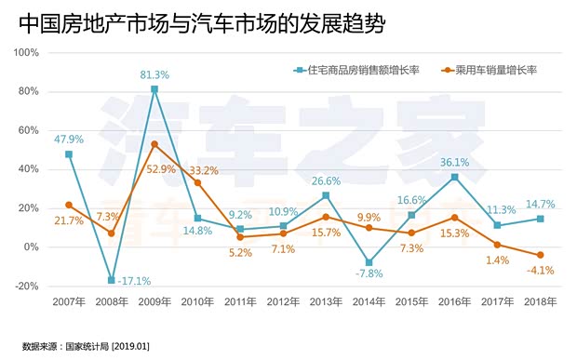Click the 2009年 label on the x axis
154,303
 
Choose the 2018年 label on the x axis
540,303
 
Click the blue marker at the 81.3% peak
154,89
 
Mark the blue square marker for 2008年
112,280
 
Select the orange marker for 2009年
154,144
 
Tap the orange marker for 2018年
540,255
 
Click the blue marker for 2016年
454,177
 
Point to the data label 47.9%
69,140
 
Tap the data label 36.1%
454,162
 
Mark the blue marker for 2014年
369,262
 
